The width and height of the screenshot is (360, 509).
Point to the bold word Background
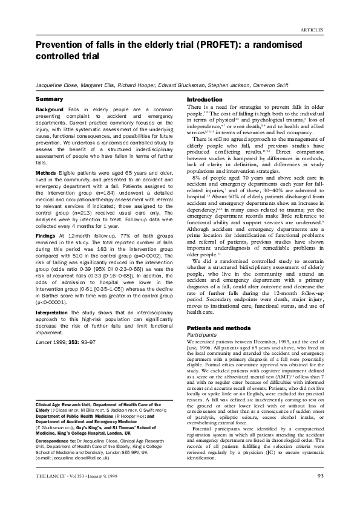click(x=49, y=109)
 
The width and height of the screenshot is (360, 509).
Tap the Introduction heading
click(x=205, y=100)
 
